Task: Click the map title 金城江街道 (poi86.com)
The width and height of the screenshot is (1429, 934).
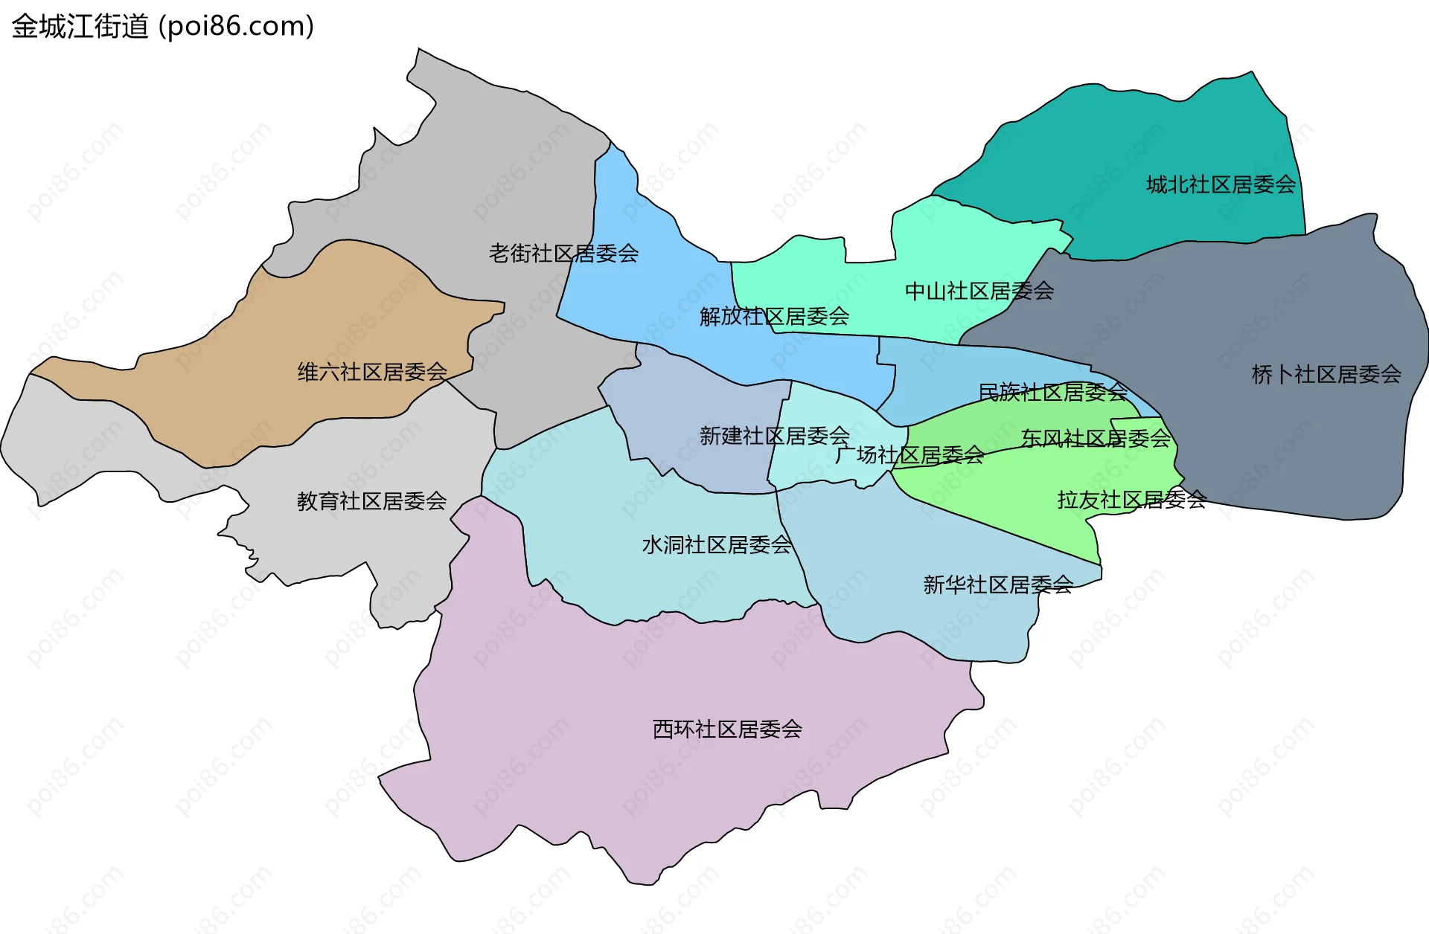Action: click(162, 27)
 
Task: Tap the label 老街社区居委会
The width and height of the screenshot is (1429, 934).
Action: click(563, 254)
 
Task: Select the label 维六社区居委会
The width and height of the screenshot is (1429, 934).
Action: click(372, 372)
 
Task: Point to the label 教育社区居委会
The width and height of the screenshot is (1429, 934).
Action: click(371, 501)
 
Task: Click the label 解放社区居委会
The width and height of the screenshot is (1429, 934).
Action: click(774, 317)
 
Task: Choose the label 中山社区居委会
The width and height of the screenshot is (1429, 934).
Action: click(979, 291)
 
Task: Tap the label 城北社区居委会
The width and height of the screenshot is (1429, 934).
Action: click(1221, 184)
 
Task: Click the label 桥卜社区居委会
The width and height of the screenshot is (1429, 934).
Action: click(1326, 374)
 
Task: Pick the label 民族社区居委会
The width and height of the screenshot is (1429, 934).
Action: click(1052, 392)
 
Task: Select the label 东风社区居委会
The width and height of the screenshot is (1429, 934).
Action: click(1096, 439)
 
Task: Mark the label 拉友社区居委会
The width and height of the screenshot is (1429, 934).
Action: click(1131, 500)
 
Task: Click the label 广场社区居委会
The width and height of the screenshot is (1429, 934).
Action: click(909, 455)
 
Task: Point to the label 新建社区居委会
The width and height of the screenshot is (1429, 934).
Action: click(774, 436)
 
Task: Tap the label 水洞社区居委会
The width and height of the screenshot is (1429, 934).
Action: click(716, 545)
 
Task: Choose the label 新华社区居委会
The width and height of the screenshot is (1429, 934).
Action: click(997, 585)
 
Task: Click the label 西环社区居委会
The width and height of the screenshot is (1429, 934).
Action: click(727, 730)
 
